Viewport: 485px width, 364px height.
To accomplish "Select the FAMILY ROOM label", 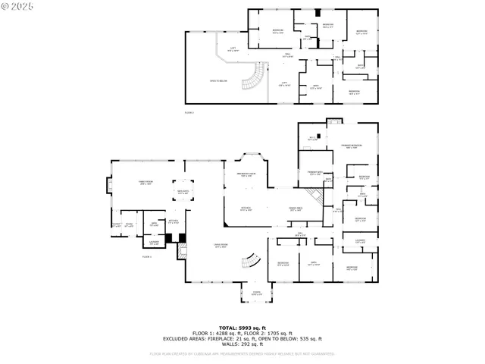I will point(145,183).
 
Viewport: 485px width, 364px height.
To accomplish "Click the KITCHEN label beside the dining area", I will point(246,209).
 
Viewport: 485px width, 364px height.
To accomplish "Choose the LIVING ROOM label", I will point(220,246).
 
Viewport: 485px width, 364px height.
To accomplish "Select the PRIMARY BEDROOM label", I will point(350,146).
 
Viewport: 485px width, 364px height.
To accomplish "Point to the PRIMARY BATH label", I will point(314,174).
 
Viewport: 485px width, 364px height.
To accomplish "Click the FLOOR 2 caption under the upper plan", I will point(189,112).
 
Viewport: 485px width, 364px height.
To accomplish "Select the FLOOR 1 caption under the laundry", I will point(147,257).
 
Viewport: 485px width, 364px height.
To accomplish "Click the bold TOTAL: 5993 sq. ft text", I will point(242,326).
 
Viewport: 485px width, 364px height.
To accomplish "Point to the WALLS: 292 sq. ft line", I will point(242,344).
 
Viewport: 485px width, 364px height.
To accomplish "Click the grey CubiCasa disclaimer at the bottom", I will point(242,353).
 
